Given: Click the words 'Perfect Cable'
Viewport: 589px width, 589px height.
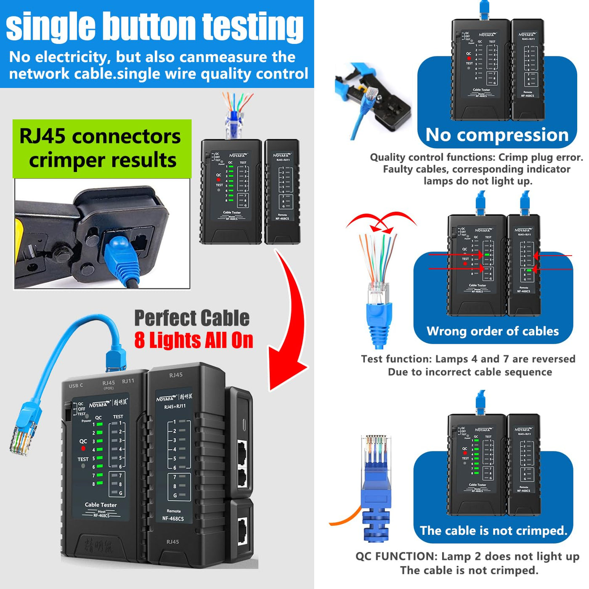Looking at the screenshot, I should click(x=192, y=318).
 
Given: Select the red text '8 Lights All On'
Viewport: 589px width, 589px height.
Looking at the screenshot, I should click(x=194, y=340).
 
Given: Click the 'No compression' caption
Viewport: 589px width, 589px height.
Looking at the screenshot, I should click(x=497, y=135).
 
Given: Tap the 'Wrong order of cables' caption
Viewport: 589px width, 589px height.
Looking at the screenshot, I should click(x=493, y=331).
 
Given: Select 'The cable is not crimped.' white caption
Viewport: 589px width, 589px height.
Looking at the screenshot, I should click(x=493, y=531).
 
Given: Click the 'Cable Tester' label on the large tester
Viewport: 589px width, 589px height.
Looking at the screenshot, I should click(x=101, y=504).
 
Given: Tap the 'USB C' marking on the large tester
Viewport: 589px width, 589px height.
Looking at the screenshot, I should click(x=76, y=385).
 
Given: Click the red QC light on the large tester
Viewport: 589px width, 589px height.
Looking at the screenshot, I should click(x=83, y=448).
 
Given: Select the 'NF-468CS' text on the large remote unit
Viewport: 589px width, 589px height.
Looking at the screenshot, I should click(x=173, y=518).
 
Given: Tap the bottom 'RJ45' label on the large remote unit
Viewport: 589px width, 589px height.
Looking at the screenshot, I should click(x=172, y=542).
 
